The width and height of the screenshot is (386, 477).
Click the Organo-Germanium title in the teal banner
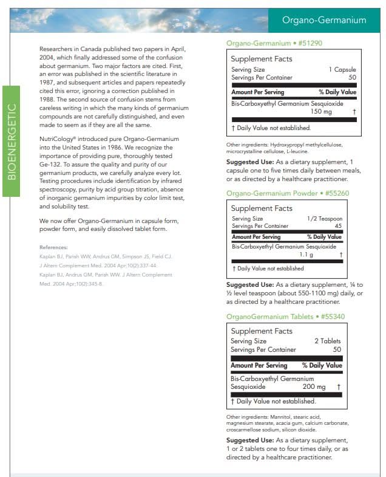pos(324,20)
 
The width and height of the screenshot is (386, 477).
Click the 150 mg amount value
pos(321,112)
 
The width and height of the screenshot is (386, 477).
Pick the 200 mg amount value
pos(314,386)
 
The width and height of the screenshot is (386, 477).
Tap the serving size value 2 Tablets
pos(327,341)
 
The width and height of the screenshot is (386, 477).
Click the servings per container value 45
pos(338,225)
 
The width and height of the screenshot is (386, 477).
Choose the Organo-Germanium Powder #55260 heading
pos(288,193)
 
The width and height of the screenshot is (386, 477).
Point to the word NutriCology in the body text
pos(58,139)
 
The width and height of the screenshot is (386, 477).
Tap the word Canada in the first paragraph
pos(91,49)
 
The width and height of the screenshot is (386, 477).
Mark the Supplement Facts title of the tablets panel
pos(262,331)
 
